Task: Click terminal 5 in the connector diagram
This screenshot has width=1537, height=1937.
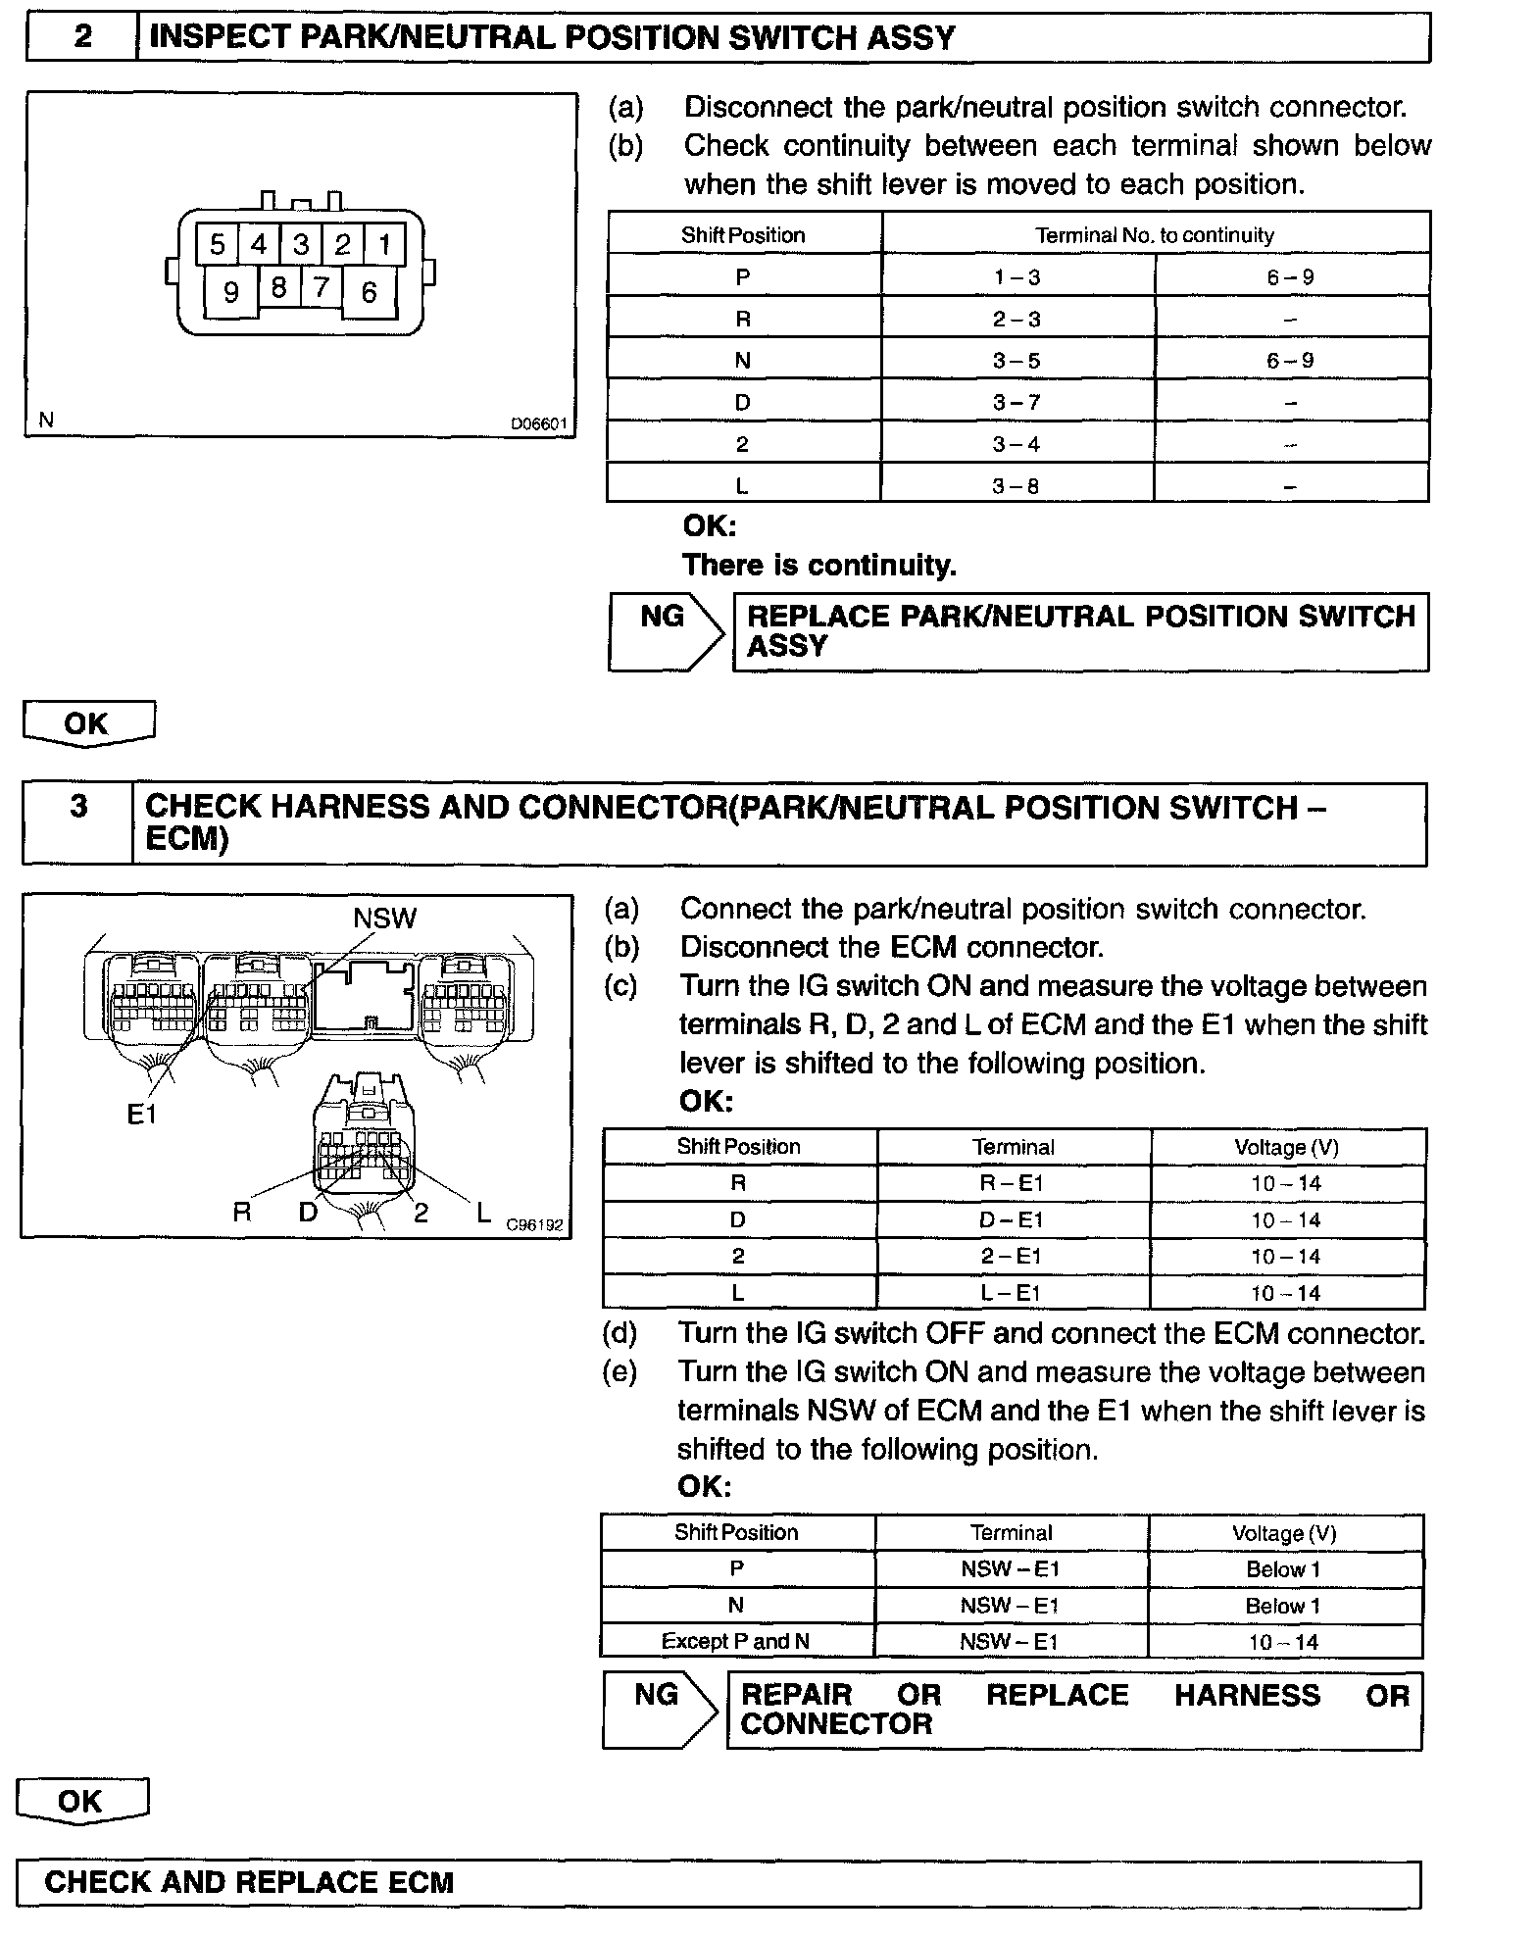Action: click(218, 243)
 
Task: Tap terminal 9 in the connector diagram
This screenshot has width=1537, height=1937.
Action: click(231, 292)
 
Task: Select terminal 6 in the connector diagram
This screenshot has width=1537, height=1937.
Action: click(370, 292)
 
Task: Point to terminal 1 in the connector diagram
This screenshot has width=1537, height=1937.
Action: click(384, 243)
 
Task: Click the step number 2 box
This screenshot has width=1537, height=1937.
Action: click(82, 37)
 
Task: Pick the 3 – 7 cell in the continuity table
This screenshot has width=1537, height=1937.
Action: click(1016, 402)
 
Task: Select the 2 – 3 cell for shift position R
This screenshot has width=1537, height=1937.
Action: click(1016, 319)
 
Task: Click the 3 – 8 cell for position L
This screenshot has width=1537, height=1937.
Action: click(1016, 485)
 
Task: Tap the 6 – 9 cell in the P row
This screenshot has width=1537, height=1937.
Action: click(1290, 277)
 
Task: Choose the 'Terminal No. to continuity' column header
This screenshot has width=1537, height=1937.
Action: click(1155, 235)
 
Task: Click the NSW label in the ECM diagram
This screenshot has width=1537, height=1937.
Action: click(384, 918)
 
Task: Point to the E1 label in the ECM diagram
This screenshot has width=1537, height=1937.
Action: click(142, 1114)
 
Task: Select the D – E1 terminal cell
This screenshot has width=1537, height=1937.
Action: click(1013, 1220)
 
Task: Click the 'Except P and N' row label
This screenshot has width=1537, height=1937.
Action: click(735, 1641)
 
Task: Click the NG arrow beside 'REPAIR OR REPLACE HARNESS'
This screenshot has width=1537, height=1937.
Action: click(660, 1711)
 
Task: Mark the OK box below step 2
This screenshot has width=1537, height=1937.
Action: click(87, 723)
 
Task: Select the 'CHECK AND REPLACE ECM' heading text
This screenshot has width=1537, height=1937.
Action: click(249, 1882)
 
